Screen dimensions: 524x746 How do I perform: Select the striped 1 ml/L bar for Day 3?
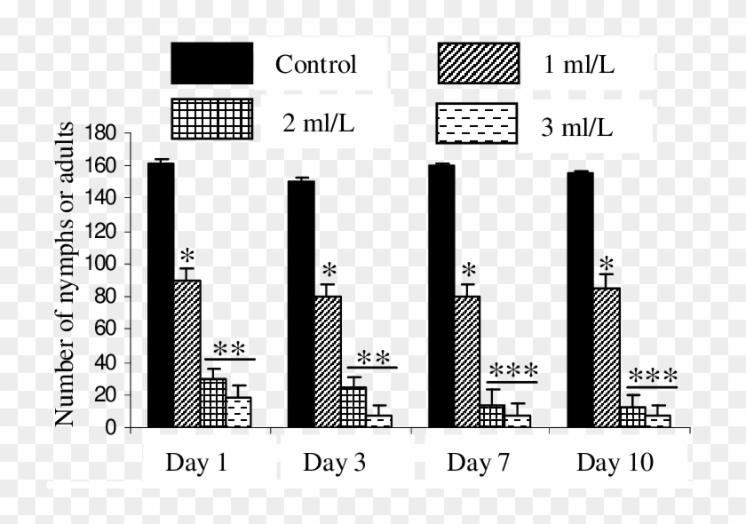[x=328, y=361]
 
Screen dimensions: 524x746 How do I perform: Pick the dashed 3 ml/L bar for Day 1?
[x=238, y=412]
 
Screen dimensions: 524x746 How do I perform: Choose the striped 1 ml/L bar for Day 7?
[x=467, y=361]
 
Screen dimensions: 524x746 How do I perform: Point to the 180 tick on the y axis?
[x=101, y=133]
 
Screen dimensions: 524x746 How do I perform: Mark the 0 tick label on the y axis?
[x=111, y=428]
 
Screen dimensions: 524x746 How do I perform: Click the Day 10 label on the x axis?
[x=614, y=463]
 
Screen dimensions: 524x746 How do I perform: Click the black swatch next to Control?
[x=212, y=64]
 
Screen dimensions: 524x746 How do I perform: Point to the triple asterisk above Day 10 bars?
[x=652, y=377]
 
